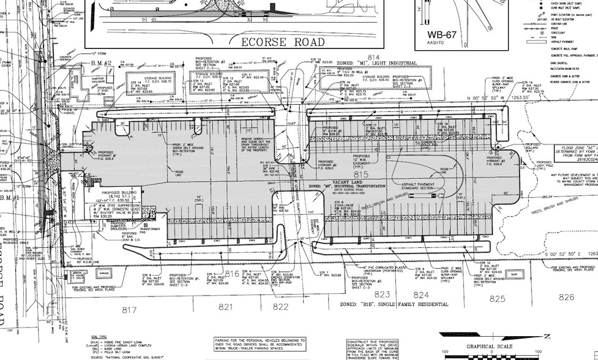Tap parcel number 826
coord(567,298)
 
